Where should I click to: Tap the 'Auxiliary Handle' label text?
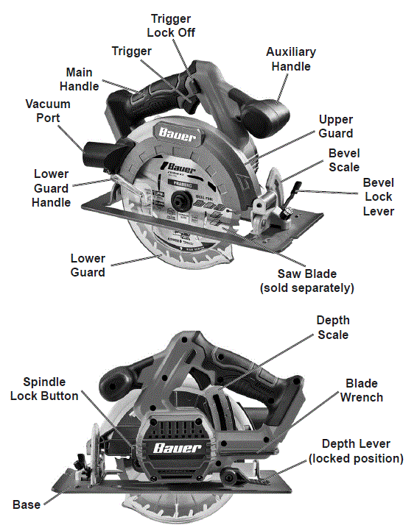click(290, 59)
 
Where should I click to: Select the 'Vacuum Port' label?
click(42, 110)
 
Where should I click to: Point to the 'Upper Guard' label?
click(335, 126)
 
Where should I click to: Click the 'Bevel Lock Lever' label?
click(378, 196)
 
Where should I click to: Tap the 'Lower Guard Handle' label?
click(51, 188)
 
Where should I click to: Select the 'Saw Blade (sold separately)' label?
click(306, 280)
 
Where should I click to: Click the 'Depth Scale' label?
click(333, 327)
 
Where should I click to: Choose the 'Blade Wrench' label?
click(361, 390)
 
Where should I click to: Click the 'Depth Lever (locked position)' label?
click(356, 451)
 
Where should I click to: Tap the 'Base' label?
click(27, 504)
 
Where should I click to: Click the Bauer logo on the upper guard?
click(175, 134)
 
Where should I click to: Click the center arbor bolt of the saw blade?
click(178, 199)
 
